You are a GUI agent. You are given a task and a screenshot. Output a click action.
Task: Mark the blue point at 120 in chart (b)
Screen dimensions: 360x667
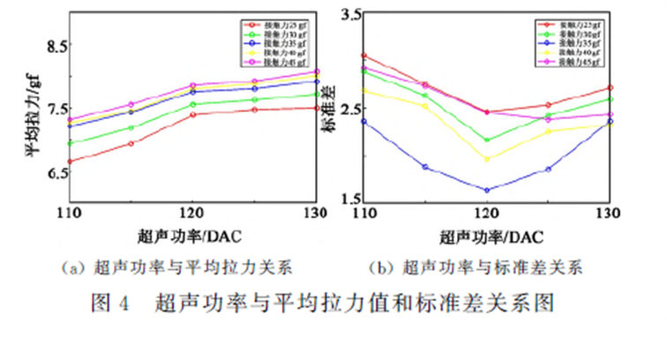486,190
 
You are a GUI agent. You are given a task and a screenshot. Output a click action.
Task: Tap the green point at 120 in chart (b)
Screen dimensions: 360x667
486,140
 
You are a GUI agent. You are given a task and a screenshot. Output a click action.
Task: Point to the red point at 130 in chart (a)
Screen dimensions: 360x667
316,108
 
